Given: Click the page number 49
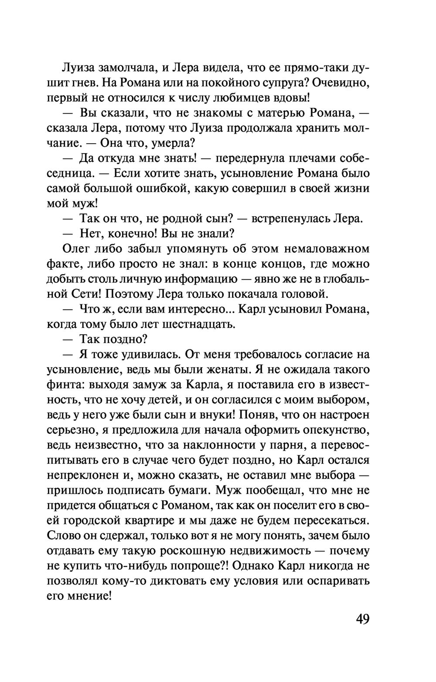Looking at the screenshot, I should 362,619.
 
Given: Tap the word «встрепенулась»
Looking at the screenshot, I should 286,218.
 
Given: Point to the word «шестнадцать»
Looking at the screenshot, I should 199,324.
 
